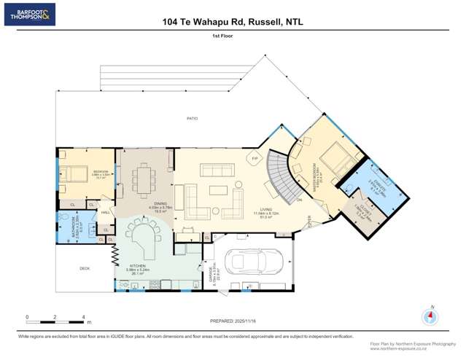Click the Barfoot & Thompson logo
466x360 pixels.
[x=29, y=14]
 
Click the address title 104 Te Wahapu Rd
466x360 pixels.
[x=233, y=22]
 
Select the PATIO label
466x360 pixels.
[x=192, y=118]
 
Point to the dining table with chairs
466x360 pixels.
[x=144, y=177]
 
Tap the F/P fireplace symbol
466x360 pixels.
[x=255, y=158]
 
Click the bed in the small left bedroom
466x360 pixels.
[x=75, y=173]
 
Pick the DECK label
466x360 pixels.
[x=84, y=268]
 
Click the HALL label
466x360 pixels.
[x=105, y=212]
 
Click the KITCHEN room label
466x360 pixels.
[x=139, y=266]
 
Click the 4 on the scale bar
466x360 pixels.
[x=83, y=317]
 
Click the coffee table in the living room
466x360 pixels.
[x=219, y=191]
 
